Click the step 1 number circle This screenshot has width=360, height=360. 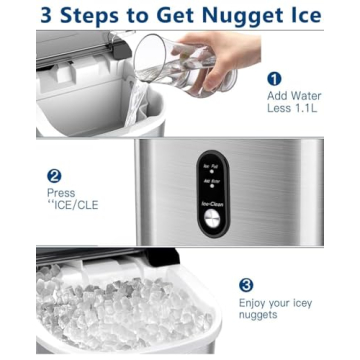(275, 77)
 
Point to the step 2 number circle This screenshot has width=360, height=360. (56, 175)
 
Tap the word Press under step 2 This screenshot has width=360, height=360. (61, 193)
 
